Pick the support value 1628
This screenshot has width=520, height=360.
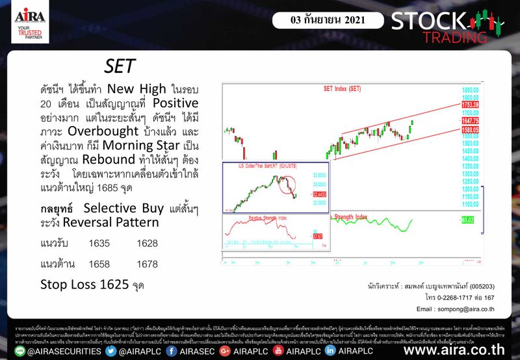148,244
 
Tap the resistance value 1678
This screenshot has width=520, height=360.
148,264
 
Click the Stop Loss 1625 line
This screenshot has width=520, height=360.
90,284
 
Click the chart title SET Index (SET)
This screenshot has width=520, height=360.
342,88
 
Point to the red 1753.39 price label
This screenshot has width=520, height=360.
469,104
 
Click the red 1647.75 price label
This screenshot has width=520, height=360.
469,121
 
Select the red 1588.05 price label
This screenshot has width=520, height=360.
469,129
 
